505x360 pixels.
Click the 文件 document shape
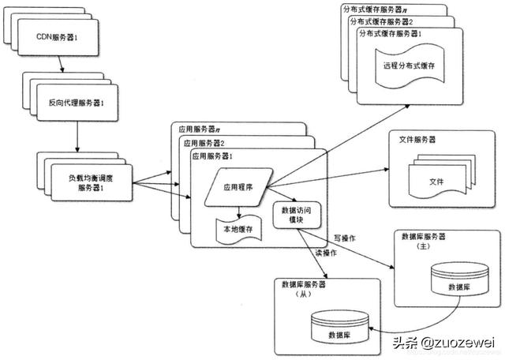click(x=435, y=182)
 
